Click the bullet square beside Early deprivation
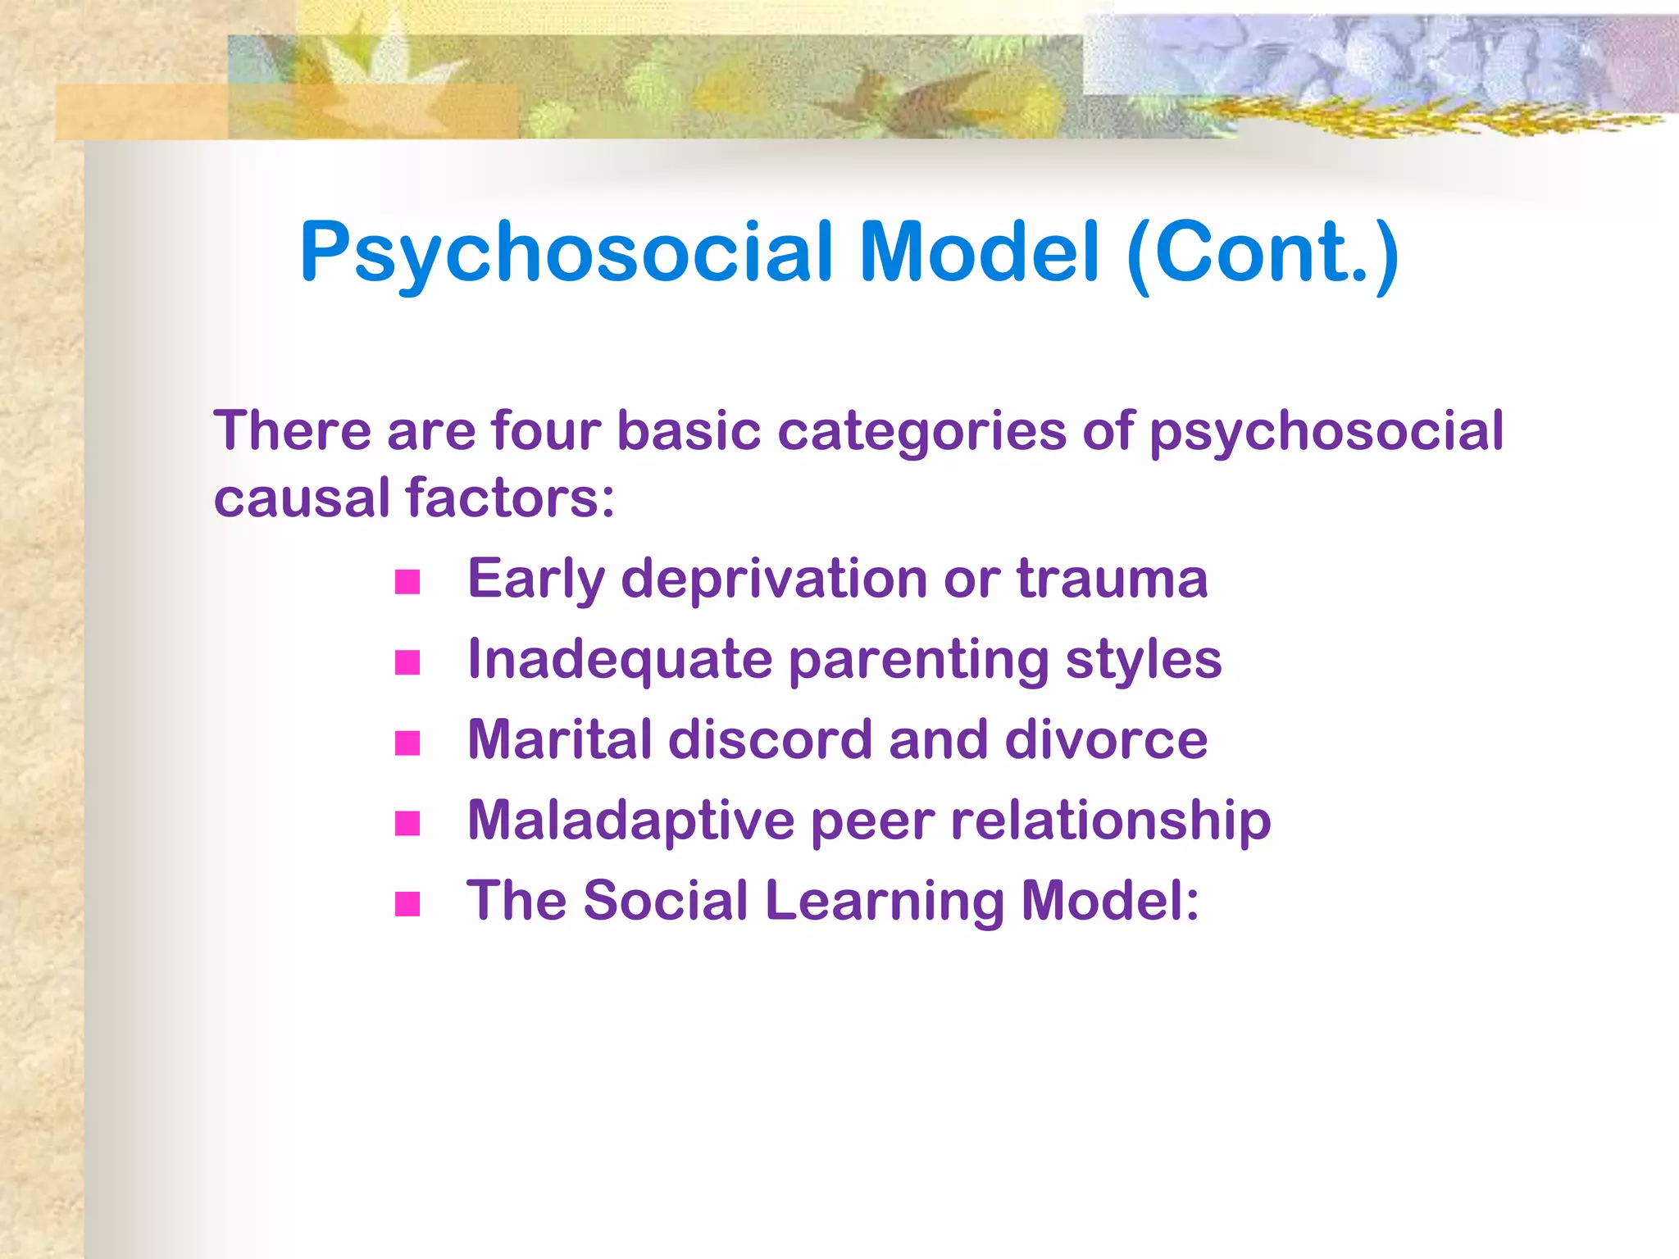[x=407, y=582]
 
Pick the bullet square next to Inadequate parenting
[x=407, y=662]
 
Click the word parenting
[x=918, y=661]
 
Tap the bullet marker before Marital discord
[x=407, y=743]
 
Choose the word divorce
[x=1106, y=739]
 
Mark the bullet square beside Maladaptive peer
[x=407, y=823]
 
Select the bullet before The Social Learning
[x=407, y=903]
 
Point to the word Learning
[x=885, y=902]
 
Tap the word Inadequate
[x=620, y=661]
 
